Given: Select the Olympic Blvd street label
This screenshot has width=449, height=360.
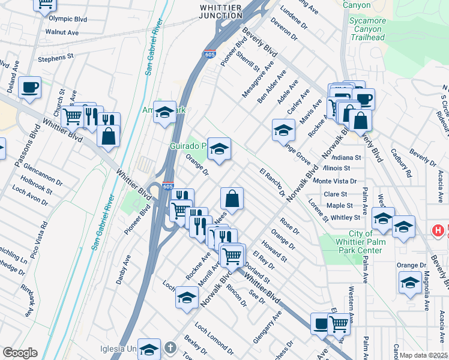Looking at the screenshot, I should click(x=68, y=19).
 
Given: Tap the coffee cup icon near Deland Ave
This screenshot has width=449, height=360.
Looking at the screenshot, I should click(x=29, y=88).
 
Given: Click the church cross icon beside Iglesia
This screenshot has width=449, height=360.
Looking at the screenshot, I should click(x=170, y=347).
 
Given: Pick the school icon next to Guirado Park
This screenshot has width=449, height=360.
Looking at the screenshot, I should click(x=219, y=149).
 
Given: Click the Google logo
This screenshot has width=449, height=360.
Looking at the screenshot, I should click(x=20, y=353).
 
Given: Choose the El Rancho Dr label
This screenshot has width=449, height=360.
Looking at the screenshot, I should click(x=273, y=182).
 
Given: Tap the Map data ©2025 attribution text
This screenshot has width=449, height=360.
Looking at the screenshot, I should click(x=424, y=355).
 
